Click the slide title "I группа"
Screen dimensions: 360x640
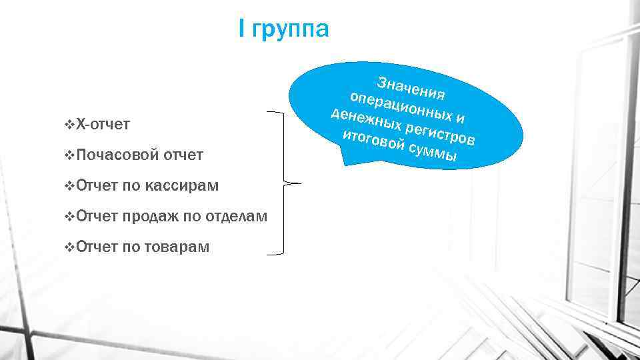[284, 30]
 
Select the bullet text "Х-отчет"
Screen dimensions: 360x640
[103, 124]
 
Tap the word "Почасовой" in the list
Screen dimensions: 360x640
[117, 155]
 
